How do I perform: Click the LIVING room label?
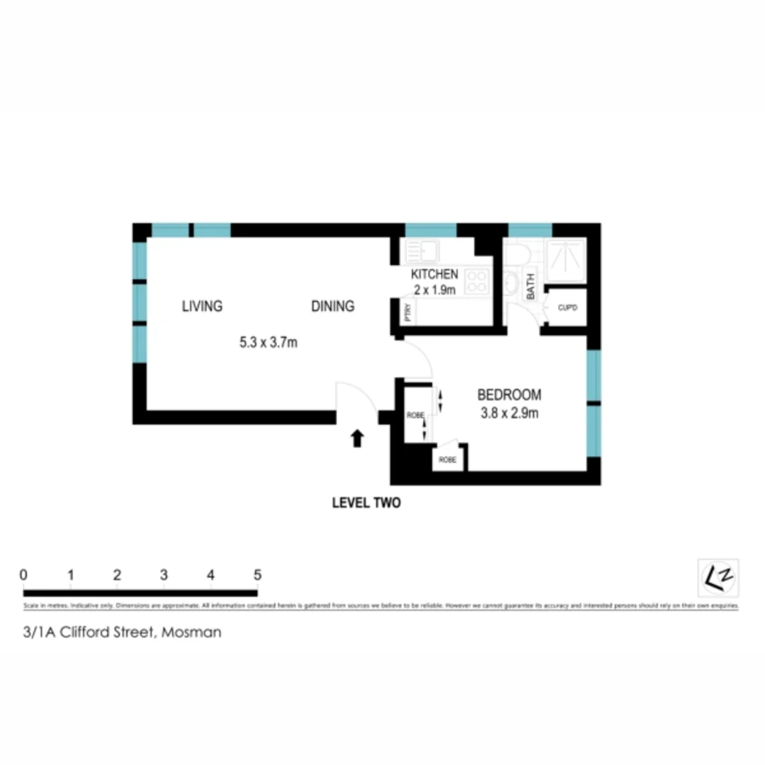[202, 306]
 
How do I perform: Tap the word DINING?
[332, 306]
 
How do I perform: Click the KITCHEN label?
[434, 274]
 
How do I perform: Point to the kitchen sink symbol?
[422, 251]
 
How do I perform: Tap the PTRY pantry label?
[407, 312]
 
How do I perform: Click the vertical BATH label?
[531, 288]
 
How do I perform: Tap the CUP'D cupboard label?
[568, 308]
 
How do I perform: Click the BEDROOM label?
[509, 395]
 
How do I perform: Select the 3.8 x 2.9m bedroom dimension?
[509, 413]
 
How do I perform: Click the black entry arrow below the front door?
[358, 438]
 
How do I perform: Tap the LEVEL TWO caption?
[366, 503]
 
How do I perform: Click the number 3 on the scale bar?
[164, 574]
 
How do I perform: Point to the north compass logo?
[718, 579]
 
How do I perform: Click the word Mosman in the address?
[191, 633]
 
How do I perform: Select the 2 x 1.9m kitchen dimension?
[434, 290]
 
